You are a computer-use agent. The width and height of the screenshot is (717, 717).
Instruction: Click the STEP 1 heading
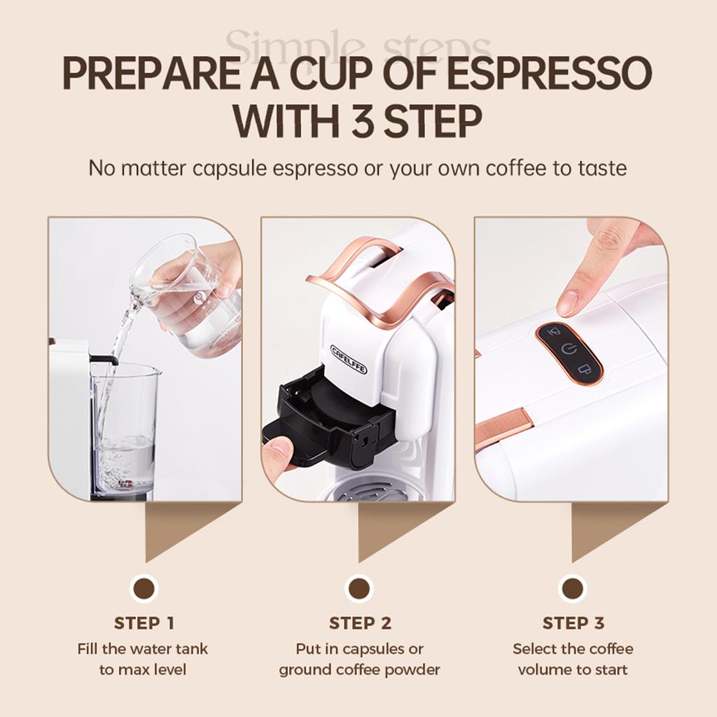[144, 622]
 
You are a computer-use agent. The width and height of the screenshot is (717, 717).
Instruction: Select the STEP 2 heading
[359, 622]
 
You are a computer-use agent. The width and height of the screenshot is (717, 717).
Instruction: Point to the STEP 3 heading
[573, 622]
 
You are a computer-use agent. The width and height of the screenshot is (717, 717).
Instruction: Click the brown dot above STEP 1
[144, 588]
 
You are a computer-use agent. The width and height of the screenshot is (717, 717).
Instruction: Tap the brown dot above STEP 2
[359, 588]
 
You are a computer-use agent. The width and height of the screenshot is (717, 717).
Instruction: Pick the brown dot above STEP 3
[573, 588]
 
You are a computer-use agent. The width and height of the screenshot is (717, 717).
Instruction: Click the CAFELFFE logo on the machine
[349, 358]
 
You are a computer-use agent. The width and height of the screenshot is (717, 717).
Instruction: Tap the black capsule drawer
[329, 420]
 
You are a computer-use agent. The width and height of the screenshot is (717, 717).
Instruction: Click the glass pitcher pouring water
[189, 294]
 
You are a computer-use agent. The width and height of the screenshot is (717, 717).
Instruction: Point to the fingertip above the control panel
[569, 302]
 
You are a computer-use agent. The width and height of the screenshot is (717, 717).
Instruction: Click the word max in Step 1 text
[132, 670]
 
